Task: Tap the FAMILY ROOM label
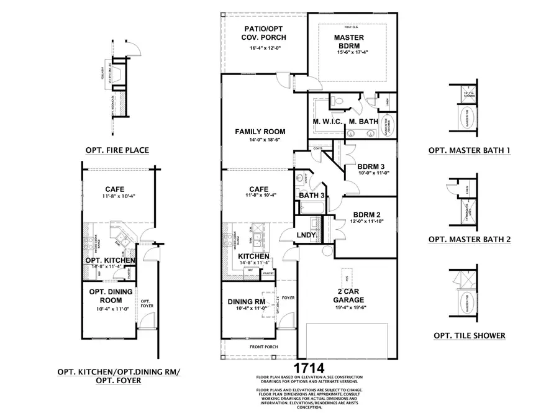point(260,132)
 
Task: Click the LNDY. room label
point(307,236)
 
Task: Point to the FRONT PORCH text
point(264,347)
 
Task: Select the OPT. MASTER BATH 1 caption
point(470,150)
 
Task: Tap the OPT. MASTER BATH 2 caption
point(470,238)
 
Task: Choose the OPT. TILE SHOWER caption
point(470,336)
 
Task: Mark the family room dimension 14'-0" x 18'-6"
point(260,142)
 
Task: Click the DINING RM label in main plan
point(247,302)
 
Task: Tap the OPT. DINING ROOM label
point(106,296)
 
